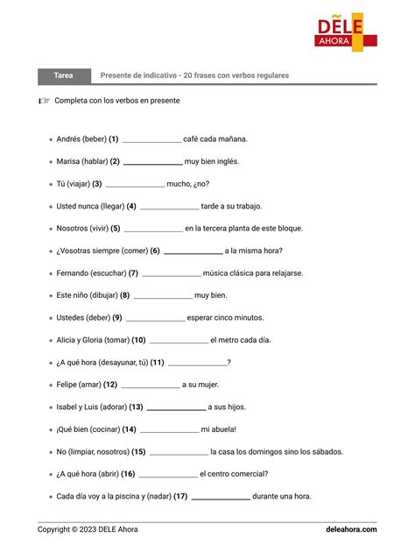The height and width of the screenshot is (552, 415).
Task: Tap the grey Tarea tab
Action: pyautogui.click(x=64, y=75)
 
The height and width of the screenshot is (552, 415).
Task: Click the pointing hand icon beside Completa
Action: pyautogui.click(x=44, y=101)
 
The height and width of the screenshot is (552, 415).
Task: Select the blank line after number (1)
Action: pyautogui.click(x=151, y=140)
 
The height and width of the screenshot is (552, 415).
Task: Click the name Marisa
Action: pyautogui.click(x=67, y=161)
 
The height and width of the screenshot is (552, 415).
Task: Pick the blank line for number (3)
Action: pyautogui.click(x=135, y=185)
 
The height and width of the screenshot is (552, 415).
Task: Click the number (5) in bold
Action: pyautogui.click(x=116, y=228)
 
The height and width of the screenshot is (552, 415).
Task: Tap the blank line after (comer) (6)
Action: pyautogui.click(x=193, y=251)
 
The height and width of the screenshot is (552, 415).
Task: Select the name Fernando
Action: pyautogui.click(x=73, y=272)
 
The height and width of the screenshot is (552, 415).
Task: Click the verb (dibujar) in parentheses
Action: pyautogui.click(x=101, y=295)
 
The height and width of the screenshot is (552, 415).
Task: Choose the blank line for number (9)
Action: pyautogui.click(x=155, y=319)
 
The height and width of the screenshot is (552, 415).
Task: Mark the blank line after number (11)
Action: pyautogui.click(x=197, y=364)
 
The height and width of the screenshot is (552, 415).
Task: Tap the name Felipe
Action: pyautogui.click(x=67, y=385)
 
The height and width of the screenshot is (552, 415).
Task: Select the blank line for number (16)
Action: pyautogui.click(x=167, y=475)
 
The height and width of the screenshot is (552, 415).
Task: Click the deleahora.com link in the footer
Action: pyautogui.click(x=351, y=529)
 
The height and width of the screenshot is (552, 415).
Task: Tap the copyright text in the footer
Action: pyautogui.click(x=88, y=529)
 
